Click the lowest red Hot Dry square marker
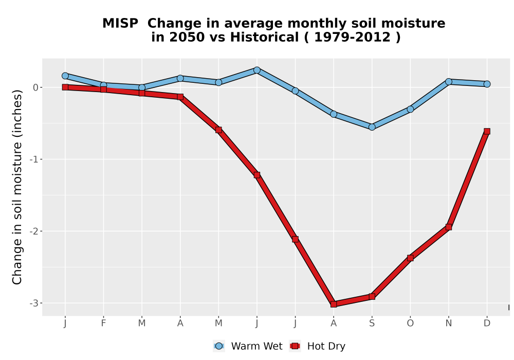pos(334,304)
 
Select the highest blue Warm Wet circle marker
pos(256,70)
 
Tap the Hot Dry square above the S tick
pos(372,297)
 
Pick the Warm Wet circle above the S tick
pos(372,127)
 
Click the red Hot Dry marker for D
pos(487,132)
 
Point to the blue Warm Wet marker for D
pos(487,84)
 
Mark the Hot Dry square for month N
pos(448,227)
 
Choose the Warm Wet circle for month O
pos(410,109)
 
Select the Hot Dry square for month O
pos(410,258)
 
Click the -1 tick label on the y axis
pos(34,159)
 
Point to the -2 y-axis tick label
pos(34,231)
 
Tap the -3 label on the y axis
pos(34,303)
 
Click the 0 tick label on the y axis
pos(36,87)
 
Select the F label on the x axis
pos(103,323)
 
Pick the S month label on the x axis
pos(372,323)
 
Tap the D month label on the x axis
pos(487,323)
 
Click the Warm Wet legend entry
pos(248,346)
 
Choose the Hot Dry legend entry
pos(317,346)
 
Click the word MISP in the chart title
pos(120,24)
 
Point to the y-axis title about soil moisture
pos(17,187)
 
